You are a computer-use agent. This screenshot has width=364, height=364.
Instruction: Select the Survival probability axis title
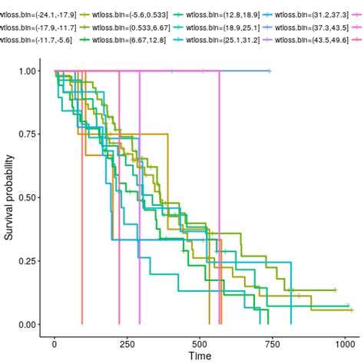point(9,198)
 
